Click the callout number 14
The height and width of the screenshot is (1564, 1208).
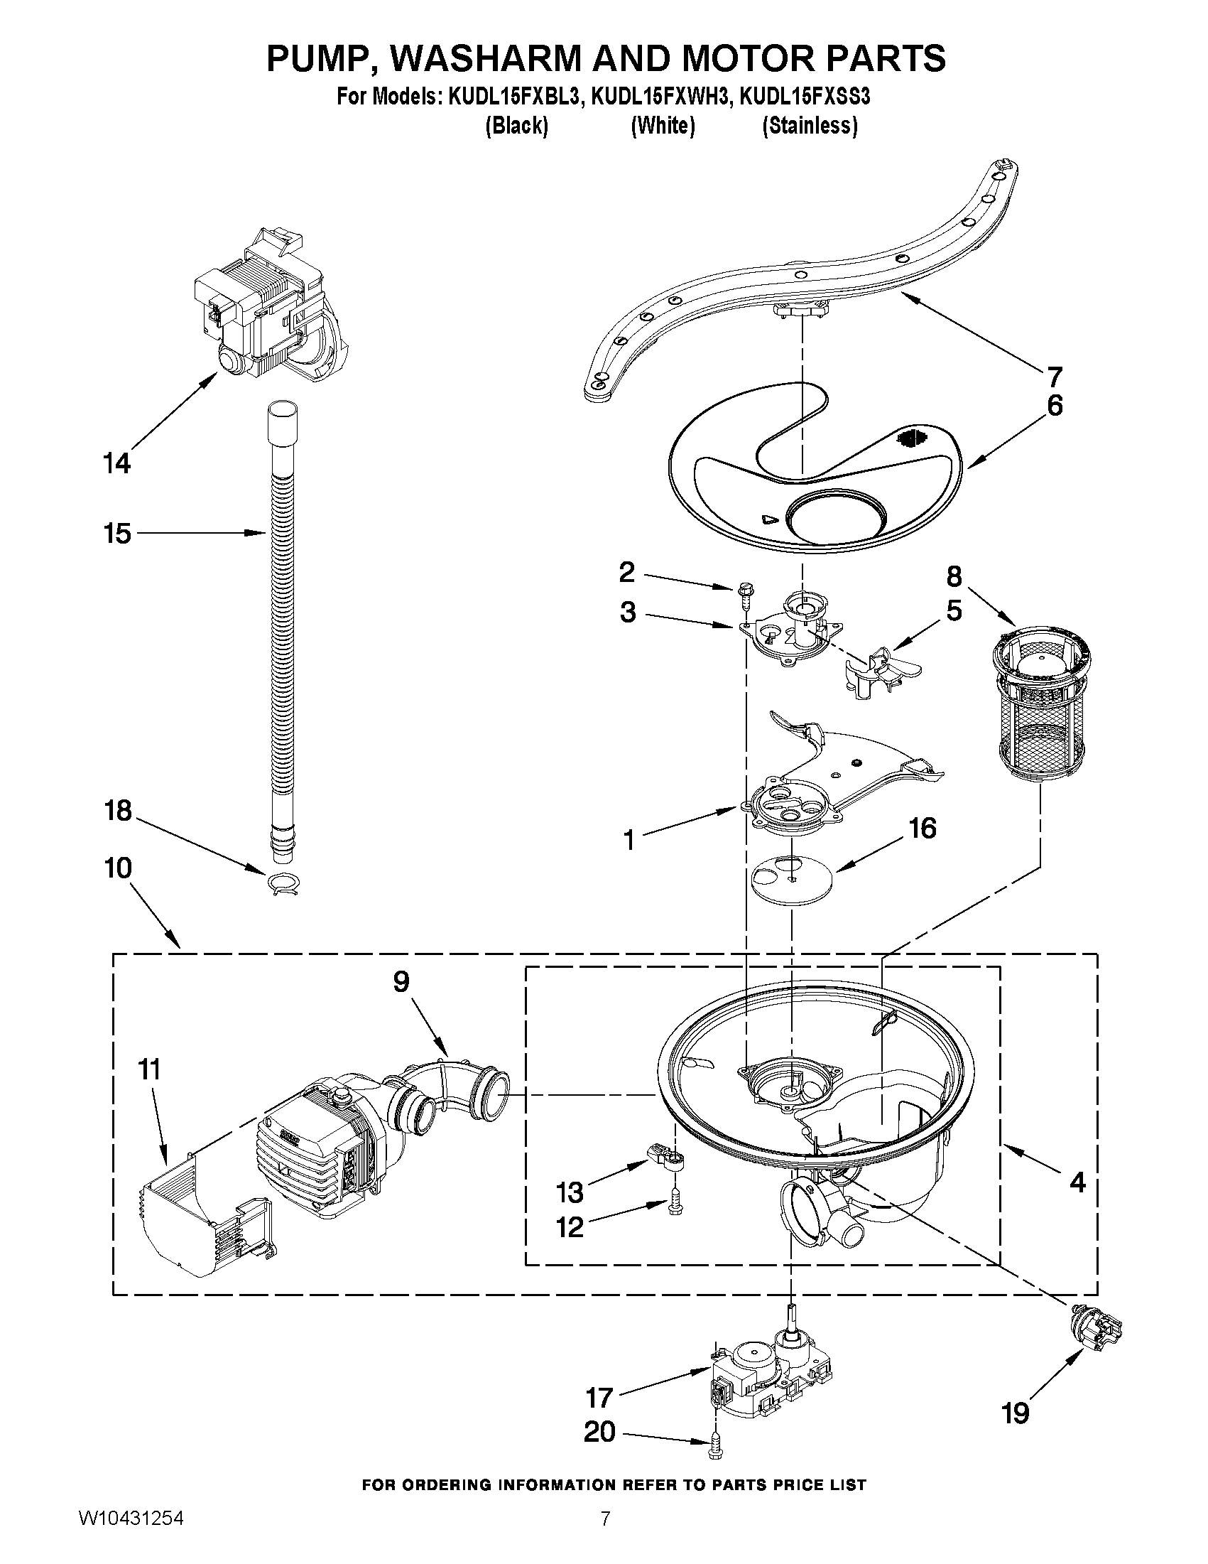116,463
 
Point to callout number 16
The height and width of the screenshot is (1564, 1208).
922,829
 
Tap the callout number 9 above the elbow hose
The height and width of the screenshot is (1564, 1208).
401,982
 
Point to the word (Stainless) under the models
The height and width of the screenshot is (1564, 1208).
810,126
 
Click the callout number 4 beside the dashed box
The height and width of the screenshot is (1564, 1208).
1077,1181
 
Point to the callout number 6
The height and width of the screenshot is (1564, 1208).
1054,405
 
